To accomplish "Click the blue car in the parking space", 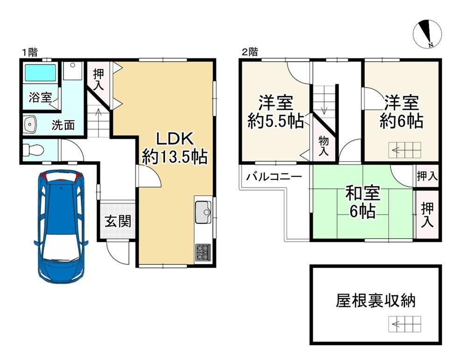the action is point(61,226).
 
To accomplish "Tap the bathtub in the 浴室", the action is point(40,73).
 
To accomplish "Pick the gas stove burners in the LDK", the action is point(203,253).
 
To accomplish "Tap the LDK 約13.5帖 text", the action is point(175,148).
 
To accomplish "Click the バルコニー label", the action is point(274,177).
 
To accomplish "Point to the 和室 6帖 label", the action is point(362,202).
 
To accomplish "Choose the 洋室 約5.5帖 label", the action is point(276,112).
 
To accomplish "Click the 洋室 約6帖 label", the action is point(402,112).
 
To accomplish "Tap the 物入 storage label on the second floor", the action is point(324,146).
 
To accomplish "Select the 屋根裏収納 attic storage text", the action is point(375,300).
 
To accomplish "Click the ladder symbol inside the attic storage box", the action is point(405,324).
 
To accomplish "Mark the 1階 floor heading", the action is point(30,53).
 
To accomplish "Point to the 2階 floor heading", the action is point(249,52).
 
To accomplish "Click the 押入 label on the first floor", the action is point(99,79).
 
